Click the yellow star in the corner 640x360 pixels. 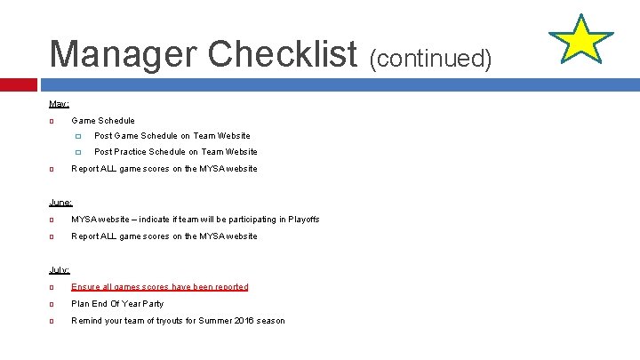click(x=580, y=40)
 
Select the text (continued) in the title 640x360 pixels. click(x=429, y=58)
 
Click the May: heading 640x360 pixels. click(x=59, y=104)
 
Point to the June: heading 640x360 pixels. click(x=60, y=203)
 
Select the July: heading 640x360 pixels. click(x=60, y=270)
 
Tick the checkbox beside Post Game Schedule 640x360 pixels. click(x=78, y=136)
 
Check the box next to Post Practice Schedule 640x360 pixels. click(x=78, y=152)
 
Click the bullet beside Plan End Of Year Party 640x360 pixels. click(x=52, y=304)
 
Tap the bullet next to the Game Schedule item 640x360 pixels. click(x=52, y=121)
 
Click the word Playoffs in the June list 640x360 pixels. click(x=302, y=220)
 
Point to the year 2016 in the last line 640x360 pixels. click(x=244, y=321)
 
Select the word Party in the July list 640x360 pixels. click(x=152, y=304)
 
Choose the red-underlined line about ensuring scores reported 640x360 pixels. click(x=159, y=287)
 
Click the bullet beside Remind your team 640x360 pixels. click(x=52, y=321)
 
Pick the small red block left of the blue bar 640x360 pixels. click(x=18, y=84)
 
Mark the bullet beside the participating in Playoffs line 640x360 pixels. click(x=52, y=220)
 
